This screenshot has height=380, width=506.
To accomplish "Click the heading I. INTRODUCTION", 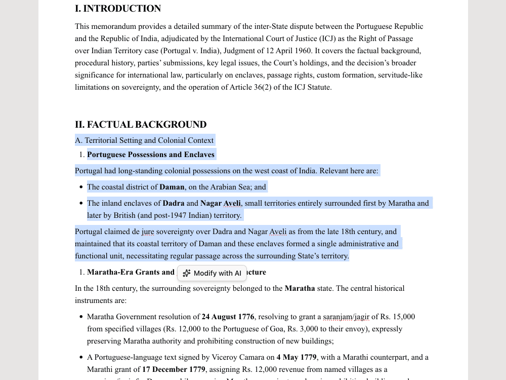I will pyautogui.click(x=118, y=9).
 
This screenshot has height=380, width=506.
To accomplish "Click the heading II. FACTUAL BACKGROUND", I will pyautogui.click(x=141, y=125).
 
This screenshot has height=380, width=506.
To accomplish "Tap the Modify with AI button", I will pyautogui.click(x=212, y=273).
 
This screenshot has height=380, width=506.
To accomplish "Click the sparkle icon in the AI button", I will pyautogui.click(x=187, y=273).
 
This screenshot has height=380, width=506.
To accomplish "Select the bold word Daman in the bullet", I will pyautogui.click(x=172, y=187).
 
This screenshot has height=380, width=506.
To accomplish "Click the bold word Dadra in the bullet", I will pyautogui.click(x=174, y=203).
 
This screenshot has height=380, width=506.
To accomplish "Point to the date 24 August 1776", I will pyautogui.click(x=228, y=317).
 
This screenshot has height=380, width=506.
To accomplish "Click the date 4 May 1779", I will pyautogui.click(x=297, y=357).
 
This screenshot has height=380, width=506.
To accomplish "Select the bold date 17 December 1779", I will pyautogui.click(x=174, y=369).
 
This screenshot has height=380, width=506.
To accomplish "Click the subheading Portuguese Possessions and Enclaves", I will pyautogui.click(x=151, y=155).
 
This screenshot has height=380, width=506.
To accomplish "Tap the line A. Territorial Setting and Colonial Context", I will pyautogui.click(x=144, y=140).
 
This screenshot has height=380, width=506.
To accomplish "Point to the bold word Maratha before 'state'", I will pyautogui.click(x=300, y=288).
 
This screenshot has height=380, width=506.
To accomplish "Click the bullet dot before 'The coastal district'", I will pyautogui.click(x=81, y=187).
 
